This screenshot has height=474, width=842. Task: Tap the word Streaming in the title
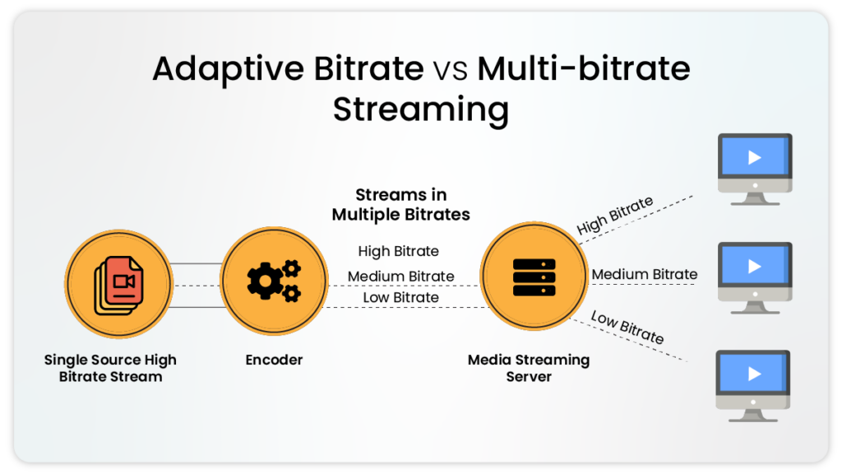420,109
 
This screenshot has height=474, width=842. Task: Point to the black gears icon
273,280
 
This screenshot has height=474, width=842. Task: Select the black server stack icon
534,278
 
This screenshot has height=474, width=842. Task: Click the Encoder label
274,360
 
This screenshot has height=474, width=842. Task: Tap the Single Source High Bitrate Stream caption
110,368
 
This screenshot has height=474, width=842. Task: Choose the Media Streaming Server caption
528,368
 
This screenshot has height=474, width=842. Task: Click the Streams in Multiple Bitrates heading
400,205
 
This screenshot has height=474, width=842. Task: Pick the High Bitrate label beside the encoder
398,251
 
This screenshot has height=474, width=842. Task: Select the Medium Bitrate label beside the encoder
400,276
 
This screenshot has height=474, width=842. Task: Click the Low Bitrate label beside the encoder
400,297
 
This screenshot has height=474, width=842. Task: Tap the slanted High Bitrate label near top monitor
614,216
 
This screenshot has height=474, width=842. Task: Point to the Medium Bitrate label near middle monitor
644,274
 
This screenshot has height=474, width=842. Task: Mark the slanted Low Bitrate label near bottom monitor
627,327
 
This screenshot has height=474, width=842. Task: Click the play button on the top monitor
754,158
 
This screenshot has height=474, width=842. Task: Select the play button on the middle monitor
754,267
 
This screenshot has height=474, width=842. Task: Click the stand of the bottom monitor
753,411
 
